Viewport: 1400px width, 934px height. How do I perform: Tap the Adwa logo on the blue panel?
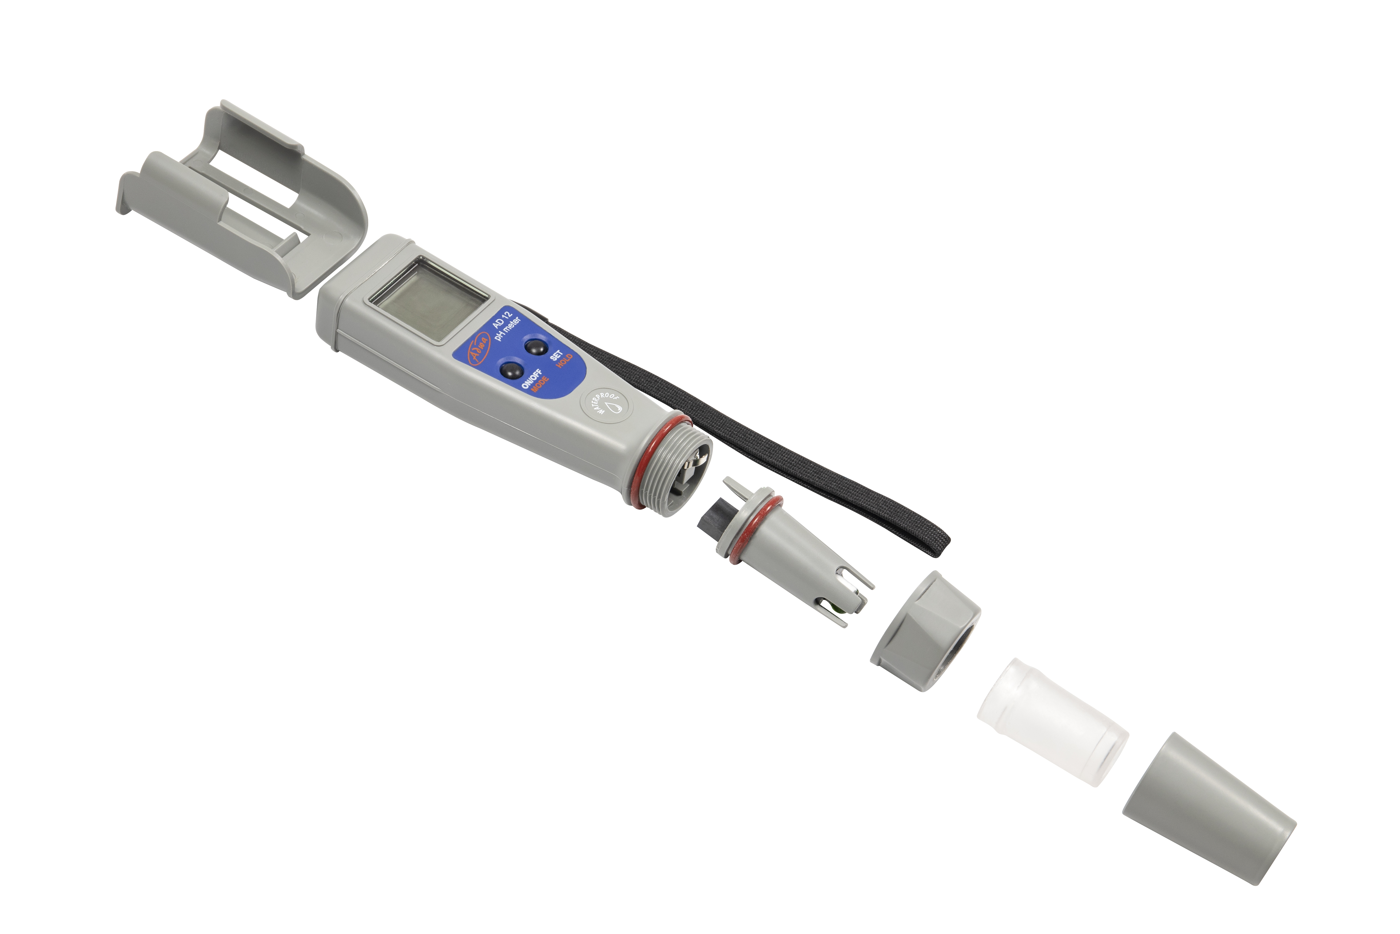478,348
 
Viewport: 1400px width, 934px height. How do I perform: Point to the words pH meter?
508,329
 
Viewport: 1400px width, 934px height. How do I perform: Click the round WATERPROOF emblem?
606,407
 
